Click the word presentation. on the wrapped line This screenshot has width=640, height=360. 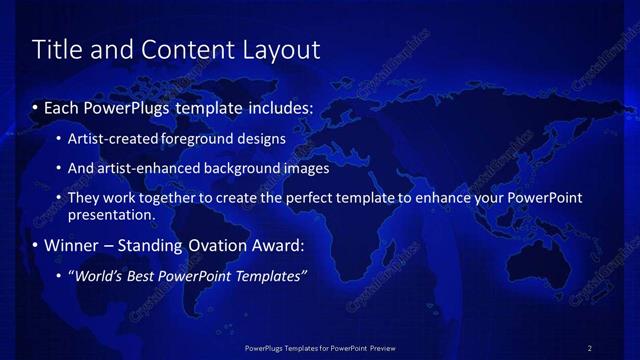click(x=111, y=214)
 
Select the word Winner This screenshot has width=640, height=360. click(x=74, y=245)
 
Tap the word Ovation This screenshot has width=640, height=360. click(x=206, y=245)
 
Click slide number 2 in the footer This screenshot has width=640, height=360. click(x=589, y=348)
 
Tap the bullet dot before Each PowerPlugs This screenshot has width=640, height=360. click(x=36, y=107)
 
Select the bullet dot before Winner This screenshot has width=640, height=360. click(x=36, y=245)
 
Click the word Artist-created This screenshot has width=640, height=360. click(x=106, y=139)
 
